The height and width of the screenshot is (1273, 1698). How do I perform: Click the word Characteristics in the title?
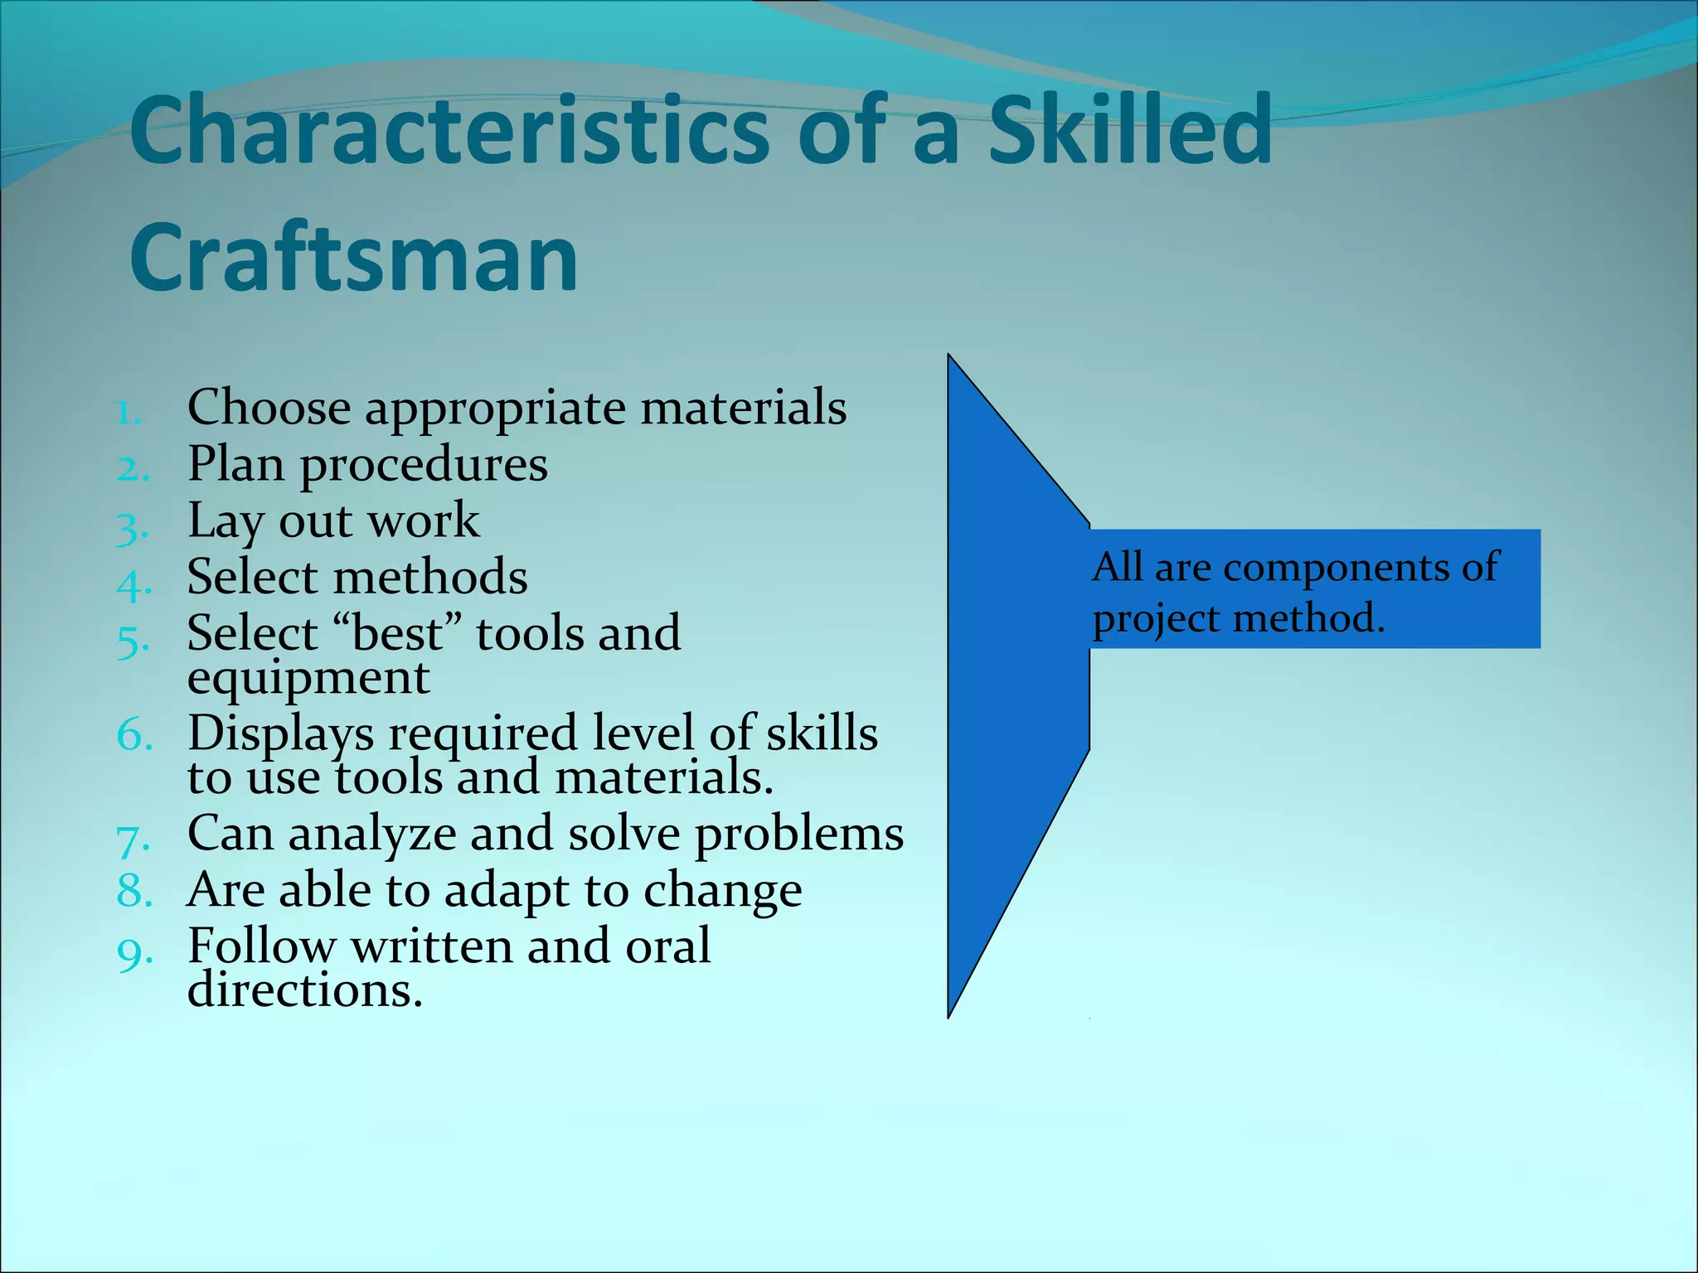click(449, 131)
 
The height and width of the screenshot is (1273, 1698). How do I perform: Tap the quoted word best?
click(397, 634)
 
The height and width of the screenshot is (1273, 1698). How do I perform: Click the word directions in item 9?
click(305, 991)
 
